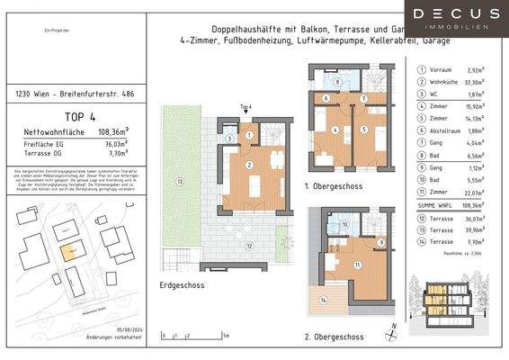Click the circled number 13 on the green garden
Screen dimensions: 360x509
[180, 181]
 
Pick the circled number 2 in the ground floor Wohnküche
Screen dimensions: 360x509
[247, 166]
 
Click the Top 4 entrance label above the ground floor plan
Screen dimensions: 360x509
[244, 106]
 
